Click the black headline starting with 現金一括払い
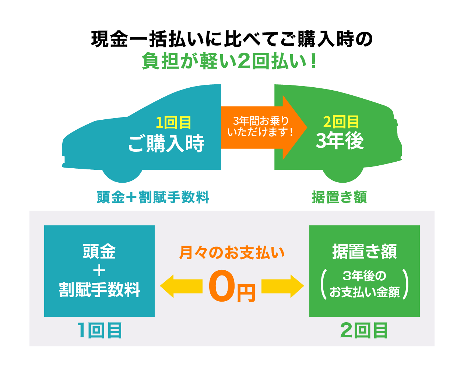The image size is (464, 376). pyautogui.click(x=232, y=39)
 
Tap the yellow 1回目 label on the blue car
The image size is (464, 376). pyautogui.click(x=173, y=123)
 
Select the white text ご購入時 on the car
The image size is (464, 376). pyautogui.click(x=166, y=143)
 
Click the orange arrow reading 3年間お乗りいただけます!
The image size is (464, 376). pyautogui.click(x=262, y=127)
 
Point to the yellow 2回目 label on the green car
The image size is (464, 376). pyautogui.click(x=341, y=122)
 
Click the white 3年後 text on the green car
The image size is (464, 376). pyautogui.click(x=340, y=141)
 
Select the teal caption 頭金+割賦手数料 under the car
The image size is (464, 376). pyautogui.click(x=153, y=197)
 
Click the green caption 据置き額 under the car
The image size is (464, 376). pyautogui.click(x=339, y=197)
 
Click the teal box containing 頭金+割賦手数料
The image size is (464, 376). pyautogui.click(x=99, y=271)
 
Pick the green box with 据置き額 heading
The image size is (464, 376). pyautogui.click(x=364, y=271)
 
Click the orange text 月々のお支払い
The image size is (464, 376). pyautogui.click(x=232, y=253)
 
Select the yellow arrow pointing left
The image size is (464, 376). pyautogui.click(x=180, y=286)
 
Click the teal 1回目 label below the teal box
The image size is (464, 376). pyautogui.click(x=99, y=330)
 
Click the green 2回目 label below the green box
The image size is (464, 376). pyautogui.click(x=364, y=330)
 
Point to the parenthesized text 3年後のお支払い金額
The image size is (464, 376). pyautogui.click(x=364, y=284)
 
